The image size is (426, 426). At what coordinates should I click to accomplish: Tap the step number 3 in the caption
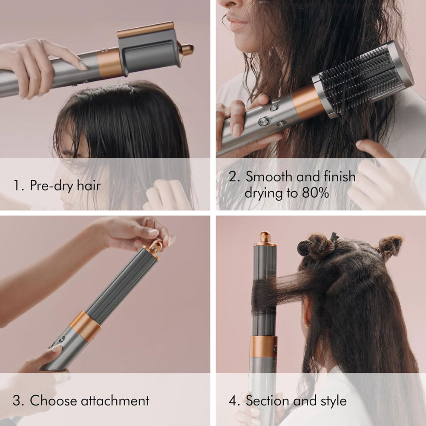pyautogui.click(x=17, y=400)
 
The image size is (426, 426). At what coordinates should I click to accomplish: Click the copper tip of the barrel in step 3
pyautogui.click(x=154, y=247)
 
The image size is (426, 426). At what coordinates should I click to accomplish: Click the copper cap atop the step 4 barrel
pyautogui.click(x=265, y=238)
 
